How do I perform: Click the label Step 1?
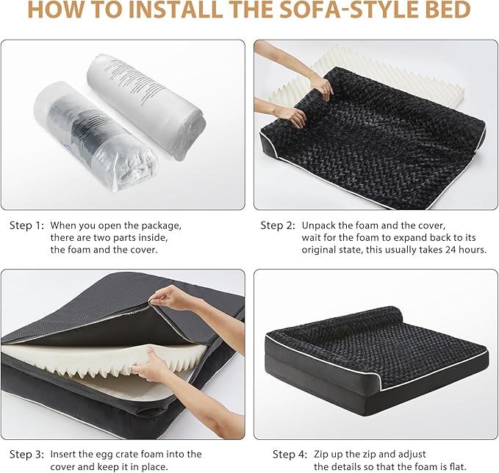pos(26,225)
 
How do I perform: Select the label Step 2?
pos(278,225)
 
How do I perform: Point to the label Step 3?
pos(26,454)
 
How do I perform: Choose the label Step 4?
pos(290,454)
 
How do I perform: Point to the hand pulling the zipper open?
pos(173,297)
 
